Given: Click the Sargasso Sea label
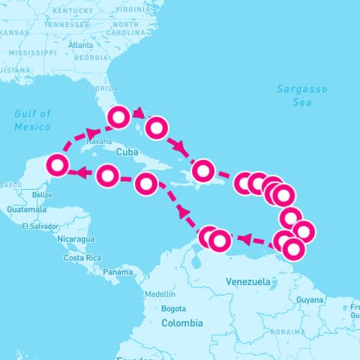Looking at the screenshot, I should [x=301, y=95].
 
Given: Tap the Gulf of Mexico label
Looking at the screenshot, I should [x=32, y=120].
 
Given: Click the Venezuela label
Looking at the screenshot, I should [x=247, y=281].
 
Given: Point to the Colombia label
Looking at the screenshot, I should [x=181, y=322].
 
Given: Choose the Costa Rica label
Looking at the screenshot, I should [x=82, y=257].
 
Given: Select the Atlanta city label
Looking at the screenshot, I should [x=80, y=45].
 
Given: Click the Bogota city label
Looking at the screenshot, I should [x=173, y=308].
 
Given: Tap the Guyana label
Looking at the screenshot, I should [x=309, y=299].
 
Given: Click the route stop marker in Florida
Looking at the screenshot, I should [x=119, y=117].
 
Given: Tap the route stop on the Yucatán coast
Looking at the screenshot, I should [x=58, y=164].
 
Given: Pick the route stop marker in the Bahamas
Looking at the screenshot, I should [x=156, y=127].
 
